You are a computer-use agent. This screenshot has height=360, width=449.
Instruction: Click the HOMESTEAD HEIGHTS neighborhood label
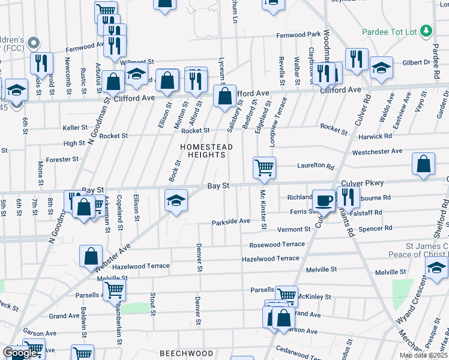click(x=204, y=150)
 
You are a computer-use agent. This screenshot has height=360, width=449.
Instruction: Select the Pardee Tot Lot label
click(x=390, y=31)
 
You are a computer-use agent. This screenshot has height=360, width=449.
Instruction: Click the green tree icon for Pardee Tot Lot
click(x=426, y=30)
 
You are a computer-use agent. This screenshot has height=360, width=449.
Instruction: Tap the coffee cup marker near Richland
click(x=325, y=200)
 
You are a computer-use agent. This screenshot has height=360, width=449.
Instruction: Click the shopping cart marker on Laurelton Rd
click(x=264, y=167)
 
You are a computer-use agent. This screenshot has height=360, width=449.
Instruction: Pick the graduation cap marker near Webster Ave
click(x=175, y=200)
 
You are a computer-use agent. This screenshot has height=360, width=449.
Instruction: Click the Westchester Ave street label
click(x=377, y=152)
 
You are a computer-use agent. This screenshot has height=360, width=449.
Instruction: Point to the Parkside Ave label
click(x=231, y=221)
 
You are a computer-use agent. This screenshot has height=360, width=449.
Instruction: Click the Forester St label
click(x=62, y=159)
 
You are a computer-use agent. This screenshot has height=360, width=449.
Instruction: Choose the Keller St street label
click(x=75, y=128)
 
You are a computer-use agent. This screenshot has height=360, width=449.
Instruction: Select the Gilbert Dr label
click(x=416, y=62)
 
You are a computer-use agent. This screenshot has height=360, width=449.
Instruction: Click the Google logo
click(x=20, y=353)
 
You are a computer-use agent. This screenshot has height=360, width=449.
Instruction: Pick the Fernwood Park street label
click(x=298, y=35)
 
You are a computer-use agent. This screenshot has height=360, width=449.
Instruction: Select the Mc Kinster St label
click(x=263, y=209)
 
